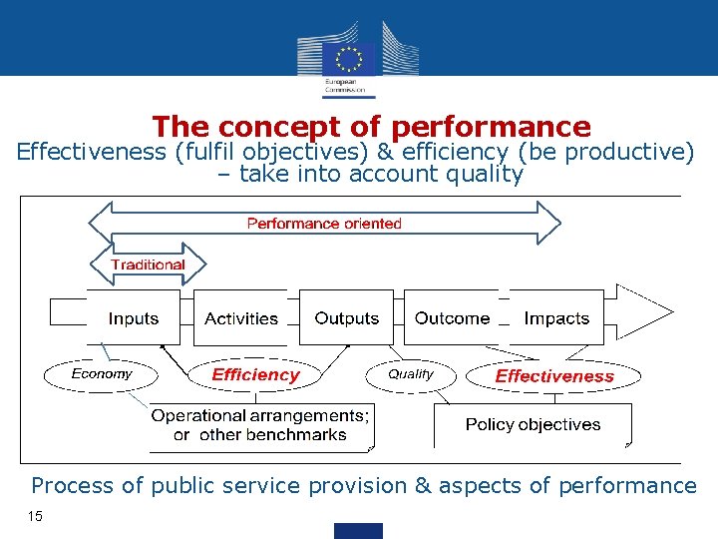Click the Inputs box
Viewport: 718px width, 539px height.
(134, 318)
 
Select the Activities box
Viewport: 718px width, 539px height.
(241, 318)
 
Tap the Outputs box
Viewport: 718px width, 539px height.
(347, 318)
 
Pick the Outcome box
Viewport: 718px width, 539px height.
(452, 318)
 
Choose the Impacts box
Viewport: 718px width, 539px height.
(556, 318)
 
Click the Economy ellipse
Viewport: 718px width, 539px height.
(102, 374)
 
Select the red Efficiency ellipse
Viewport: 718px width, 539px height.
(255, 375)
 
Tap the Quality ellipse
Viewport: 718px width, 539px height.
(411, 374)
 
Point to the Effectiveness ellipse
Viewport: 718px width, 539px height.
(554, 376)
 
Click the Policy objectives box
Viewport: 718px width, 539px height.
(533, 425)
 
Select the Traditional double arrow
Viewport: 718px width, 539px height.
(148, 265)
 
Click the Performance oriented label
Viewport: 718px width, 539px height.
(324, 224)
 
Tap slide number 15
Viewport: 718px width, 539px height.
(36, 516)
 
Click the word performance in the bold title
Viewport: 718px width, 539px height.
(492, 128)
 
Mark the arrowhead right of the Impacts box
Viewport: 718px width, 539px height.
(648, 311)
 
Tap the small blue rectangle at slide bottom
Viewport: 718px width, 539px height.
(359, 530)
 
